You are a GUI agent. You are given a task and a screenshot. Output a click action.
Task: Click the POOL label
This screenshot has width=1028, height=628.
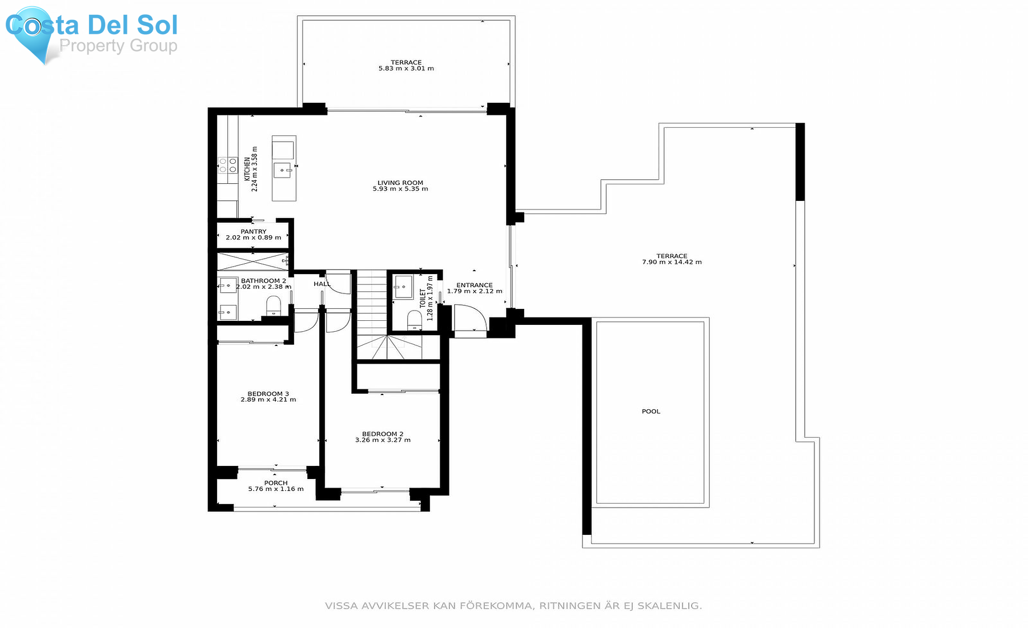(x=650, y=411)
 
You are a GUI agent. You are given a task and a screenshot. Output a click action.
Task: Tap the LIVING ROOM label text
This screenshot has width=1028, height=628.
(x=400, y=183)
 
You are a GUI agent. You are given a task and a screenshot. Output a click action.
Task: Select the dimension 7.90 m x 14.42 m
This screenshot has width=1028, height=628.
(x=672, y=262)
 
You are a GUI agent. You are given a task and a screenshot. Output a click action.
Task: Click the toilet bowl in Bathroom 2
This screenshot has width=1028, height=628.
(x=274, y=305)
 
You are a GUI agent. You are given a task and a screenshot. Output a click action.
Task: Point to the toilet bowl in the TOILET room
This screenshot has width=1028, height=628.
(x=414, y=320)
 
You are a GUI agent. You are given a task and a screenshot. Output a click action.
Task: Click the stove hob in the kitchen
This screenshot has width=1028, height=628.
(x=228, y=166)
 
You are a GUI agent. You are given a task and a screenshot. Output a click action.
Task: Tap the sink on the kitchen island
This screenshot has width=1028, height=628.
(x=283, y=170)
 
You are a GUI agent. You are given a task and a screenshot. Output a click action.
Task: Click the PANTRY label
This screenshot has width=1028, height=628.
(x=253, y=231)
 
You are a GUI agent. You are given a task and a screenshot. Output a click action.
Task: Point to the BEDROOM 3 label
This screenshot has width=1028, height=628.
(x=268, y=393)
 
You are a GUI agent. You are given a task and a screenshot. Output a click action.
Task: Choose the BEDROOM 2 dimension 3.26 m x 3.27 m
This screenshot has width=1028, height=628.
(x=383, y=440)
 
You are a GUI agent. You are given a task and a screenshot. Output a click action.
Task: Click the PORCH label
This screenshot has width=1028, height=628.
(x=276, y=482)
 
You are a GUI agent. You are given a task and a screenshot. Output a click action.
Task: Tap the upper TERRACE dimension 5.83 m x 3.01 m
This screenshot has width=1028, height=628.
(x=406, y=69)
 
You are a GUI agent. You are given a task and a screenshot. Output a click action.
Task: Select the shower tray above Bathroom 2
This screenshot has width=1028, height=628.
(x=252, y=261)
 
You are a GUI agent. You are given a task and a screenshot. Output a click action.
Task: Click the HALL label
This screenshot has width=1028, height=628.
(x=322, y=284)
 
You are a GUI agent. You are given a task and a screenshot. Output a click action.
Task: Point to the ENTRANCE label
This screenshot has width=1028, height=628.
(x=474, y=285)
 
